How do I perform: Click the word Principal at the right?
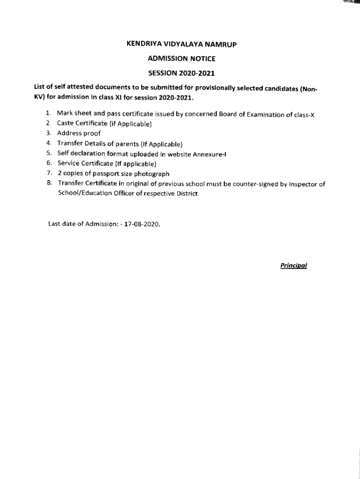[293, 265]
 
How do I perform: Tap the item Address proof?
[79, 133]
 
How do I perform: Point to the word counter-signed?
[254, 184]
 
